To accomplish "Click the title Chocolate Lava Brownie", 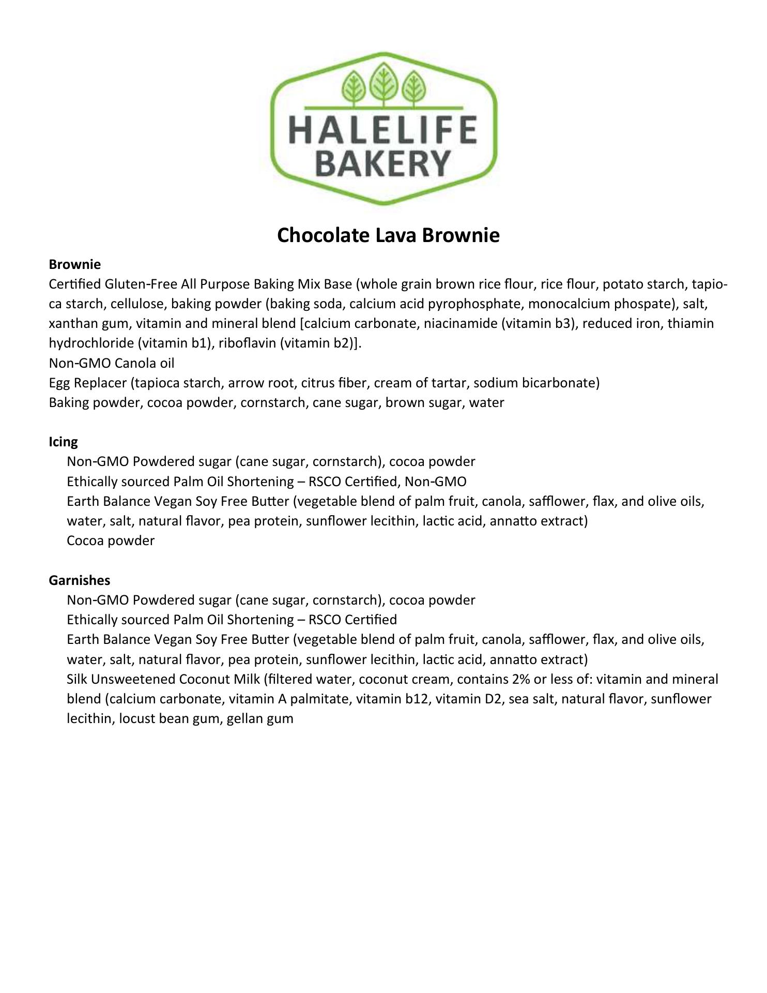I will coord(388,235).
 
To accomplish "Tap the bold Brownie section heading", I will coord(74,264).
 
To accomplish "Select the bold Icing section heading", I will coord(63,442).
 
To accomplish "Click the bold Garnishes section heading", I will coord(79,580).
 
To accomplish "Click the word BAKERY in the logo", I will coord(382,162).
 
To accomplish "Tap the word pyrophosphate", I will coord(474,304).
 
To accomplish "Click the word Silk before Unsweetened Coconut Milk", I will coord(77,679).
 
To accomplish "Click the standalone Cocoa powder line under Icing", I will coord(111,541).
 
